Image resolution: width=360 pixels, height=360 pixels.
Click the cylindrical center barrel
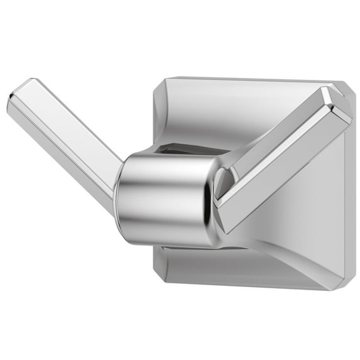coord(163,195)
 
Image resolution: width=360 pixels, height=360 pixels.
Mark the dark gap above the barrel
coord(188,149)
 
